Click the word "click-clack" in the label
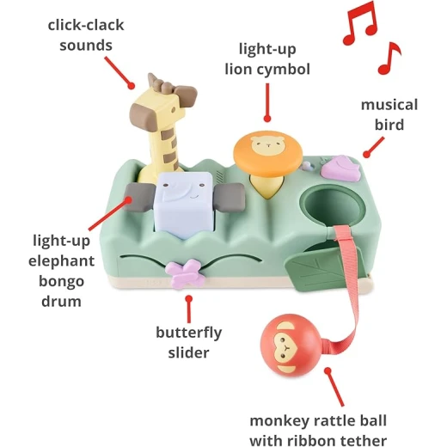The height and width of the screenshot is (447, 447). [x=86, y=25]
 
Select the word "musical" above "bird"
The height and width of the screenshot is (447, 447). [x=389, y=105]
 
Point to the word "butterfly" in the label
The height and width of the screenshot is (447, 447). [x=189, y=333]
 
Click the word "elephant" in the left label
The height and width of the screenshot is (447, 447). [x=61, y=261]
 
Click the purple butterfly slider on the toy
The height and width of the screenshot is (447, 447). [x=185, y=273]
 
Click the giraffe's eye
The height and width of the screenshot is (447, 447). [x=173, y=110]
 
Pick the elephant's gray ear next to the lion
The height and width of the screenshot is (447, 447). [x=230, y=197]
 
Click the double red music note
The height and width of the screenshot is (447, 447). [x=359, y=23]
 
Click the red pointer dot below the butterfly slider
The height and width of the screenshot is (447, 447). [x=188, y=299]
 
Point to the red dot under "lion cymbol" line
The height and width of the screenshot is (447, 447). [x=267, y=119]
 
